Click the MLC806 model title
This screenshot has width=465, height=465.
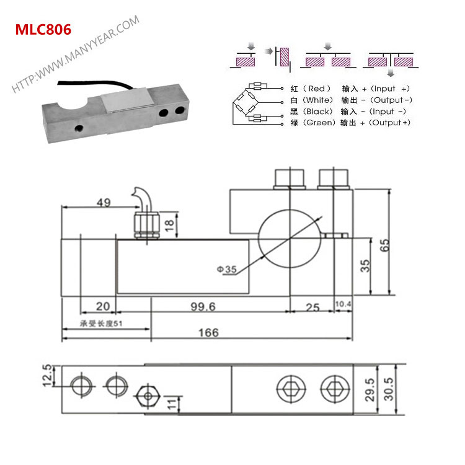click(x=42, y=29)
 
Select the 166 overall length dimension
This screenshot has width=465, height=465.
click(x=208, y=333)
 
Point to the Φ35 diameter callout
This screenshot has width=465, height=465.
click(x=227, y=269)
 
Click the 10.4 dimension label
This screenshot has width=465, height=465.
click(x=343, y=304)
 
